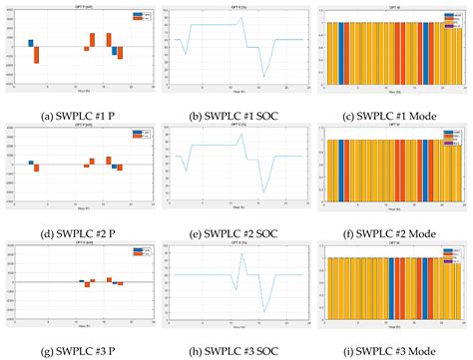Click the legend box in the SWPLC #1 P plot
coord(139,17)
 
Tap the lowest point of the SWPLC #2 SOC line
coord(264,192)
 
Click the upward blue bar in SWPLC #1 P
coord(31,43)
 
